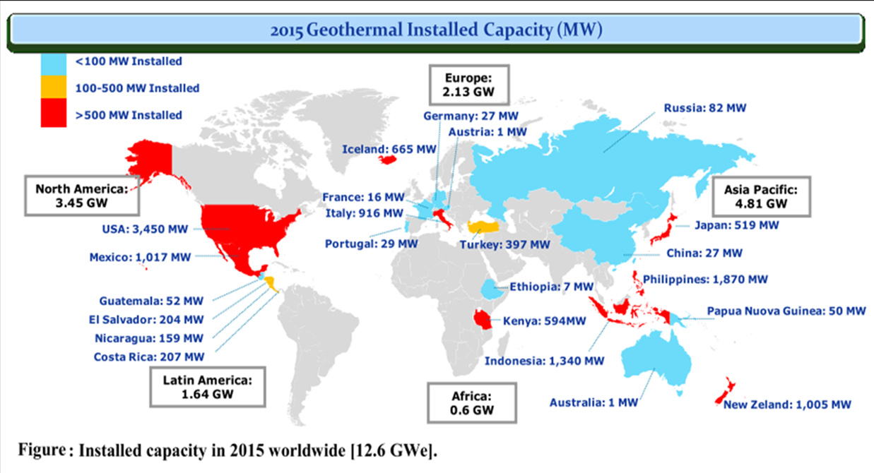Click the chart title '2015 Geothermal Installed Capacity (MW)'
click(x=436, y=30)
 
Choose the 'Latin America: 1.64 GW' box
click(x=208, y=386)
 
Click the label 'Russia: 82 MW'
click(x=704, y=108)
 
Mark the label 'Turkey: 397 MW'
click(x=504, y=244)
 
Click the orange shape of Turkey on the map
click(x=488, y=227)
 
